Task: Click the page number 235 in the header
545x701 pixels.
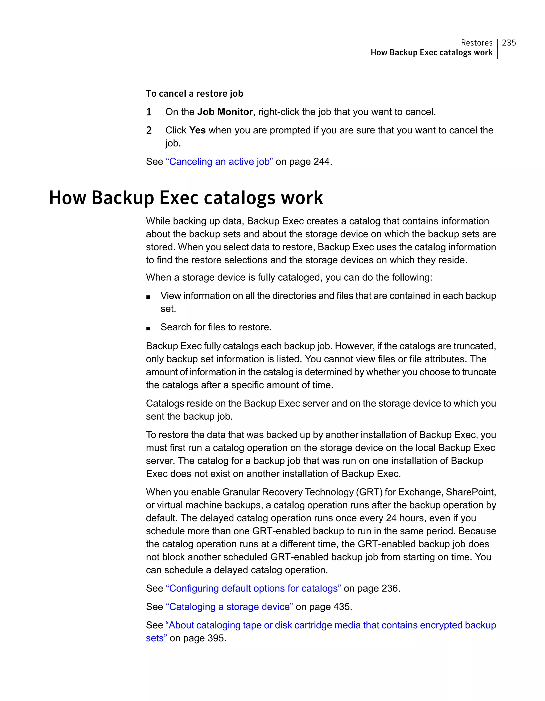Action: (509, 43)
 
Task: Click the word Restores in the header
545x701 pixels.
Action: (476, 43)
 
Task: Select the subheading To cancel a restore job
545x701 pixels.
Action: (194, 93)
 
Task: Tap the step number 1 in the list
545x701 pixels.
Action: (149, 112)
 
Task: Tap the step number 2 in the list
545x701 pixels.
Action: (149, 130)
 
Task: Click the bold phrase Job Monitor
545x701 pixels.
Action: (225, 112)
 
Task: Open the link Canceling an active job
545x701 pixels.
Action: (220, 161)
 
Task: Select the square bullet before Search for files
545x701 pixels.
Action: (148, 328)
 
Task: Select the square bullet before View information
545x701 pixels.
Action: (148, 297)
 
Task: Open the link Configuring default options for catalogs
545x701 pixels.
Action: (253, 588)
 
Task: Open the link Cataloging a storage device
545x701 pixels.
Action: (229, 607)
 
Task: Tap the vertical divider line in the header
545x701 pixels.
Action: (497, 49)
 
